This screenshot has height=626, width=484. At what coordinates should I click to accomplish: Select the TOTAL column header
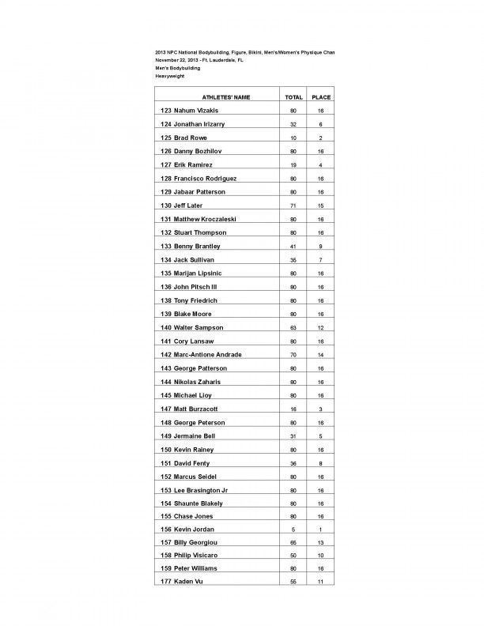(x=293, y=97)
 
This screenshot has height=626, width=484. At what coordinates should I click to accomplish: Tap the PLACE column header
(x=321, y=97)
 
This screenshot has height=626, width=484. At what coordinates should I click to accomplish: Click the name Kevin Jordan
(x=187, y=529)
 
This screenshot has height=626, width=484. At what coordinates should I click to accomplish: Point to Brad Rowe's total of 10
(x=293, y=138)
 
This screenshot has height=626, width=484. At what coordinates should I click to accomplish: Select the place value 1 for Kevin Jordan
(x=321, y=529)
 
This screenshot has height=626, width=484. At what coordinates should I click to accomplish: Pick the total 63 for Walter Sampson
(x=293, y=327)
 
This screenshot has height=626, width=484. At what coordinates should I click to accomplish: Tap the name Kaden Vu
(x=180, y=583)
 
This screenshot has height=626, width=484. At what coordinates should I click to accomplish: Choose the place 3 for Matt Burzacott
(x=321, y=408)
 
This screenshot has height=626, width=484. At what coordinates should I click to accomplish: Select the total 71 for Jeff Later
(x=293, y=206)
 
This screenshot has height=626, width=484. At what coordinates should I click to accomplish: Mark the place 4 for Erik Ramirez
(x=321, y=165)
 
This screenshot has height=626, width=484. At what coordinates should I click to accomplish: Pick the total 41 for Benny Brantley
(x=293, y=246)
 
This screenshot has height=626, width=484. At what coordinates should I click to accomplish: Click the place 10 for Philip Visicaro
(x=321, y=556)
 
